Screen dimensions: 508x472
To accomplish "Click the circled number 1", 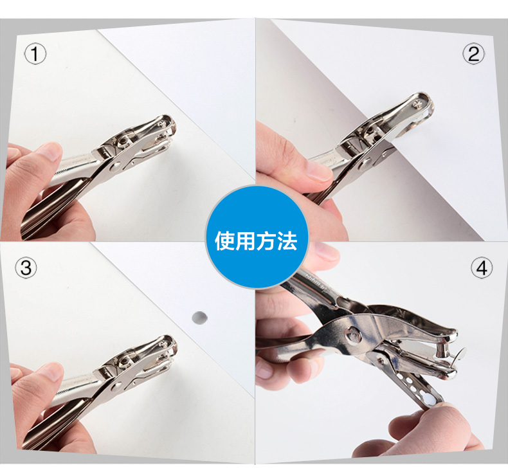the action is coord(35,55).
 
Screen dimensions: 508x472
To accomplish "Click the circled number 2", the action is coord(473,54).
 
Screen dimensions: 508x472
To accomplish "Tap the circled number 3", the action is coord(26,268).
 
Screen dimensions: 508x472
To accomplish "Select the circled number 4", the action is coord(482,268).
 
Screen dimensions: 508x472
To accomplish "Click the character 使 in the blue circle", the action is coord(225,241).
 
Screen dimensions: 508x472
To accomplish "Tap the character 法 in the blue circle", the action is coord(287,241).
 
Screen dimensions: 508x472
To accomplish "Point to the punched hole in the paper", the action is coord(199,318).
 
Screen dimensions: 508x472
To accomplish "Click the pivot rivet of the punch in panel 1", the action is coord(116,167).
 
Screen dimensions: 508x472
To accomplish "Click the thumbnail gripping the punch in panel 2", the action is coord(318,171).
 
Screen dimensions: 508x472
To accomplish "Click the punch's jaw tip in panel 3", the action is coord(170,347).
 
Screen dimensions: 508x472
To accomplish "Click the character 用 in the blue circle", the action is coord(246,241).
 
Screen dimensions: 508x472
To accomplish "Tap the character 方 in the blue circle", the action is coord(266,241).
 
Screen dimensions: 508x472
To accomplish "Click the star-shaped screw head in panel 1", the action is coord(162,123).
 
